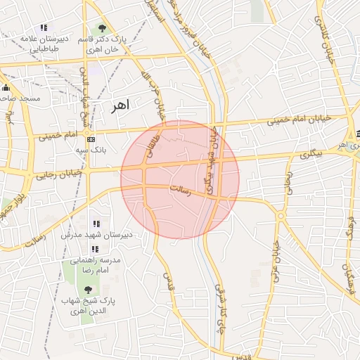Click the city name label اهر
click(121, 105)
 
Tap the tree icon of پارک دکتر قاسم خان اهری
click(103, 29)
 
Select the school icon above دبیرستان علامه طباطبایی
click(44, 27)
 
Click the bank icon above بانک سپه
click(91, 140)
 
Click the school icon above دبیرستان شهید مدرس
click(96, 224)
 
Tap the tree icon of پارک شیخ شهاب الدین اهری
click(87, 289)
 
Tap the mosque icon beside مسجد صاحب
click(7, 88)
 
